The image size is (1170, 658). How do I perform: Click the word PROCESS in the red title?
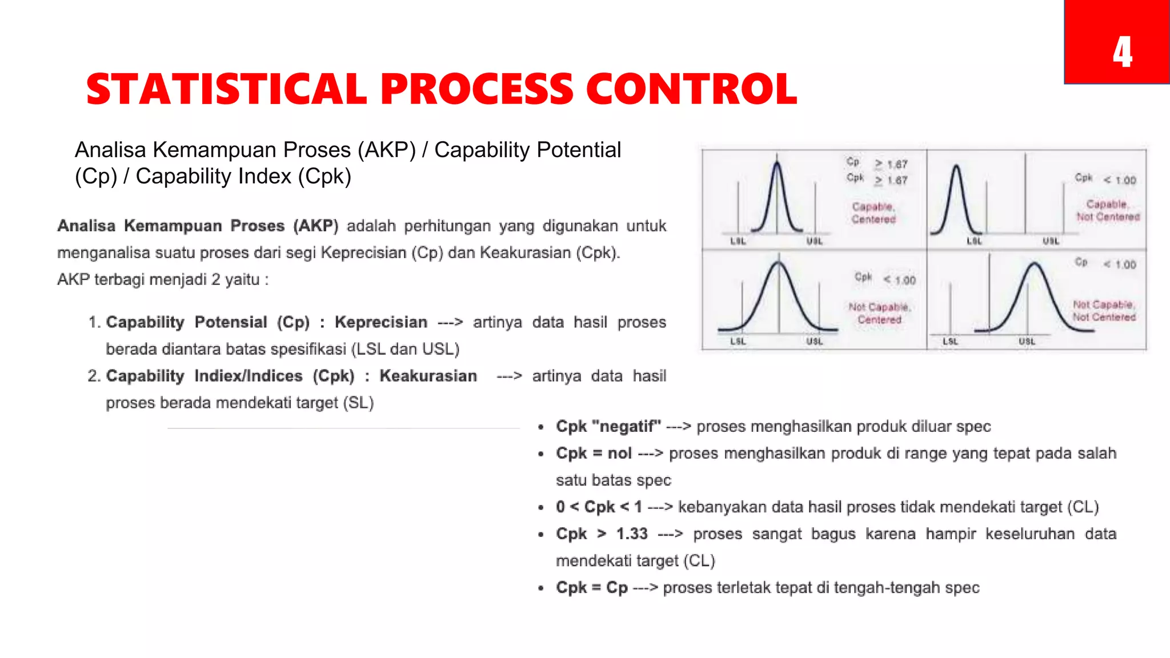[x=477, y=90]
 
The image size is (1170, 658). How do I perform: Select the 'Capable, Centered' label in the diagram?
[x=873, y=213]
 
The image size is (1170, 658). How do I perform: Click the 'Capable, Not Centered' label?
[x=1108, y=210]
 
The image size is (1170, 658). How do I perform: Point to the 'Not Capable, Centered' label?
[x=879, y=313]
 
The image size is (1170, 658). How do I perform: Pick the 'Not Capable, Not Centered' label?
[x=1104, y=311]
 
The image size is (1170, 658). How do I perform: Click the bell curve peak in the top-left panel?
[x=777, y=165]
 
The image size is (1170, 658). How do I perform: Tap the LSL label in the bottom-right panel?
[x=950, y=342]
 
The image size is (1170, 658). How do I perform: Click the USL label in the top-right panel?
[x=1051, y=241]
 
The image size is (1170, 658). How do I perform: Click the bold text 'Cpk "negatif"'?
[x=608, y=427]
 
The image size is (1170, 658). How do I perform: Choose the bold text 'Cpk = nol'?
[x=594, y=454]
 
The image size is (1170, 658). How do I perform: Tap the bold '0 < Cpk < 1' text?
[x=599, y=507]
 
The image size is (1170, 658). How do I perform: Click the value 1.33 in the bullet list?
[x=631, y=534]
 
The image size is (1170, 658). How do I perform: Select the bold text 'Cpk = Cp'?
[x=591, y=588]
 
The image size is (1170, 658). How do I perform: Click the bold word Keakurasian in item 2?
[x=428, y=376]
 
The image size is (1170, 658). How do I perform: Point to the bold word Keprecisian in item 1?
[x=380, y=322]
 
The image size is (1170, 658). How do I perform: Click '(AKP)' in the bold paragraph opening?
[x=315, y=226]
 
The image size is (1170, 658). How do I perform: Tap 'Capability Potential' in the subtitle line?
[x=527, y=150]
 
